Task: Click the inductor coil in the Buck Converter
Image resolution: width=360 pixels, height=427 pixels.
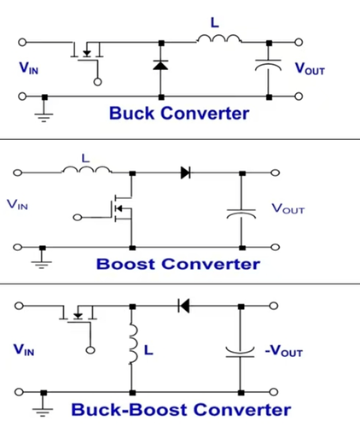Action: tap(218, 38)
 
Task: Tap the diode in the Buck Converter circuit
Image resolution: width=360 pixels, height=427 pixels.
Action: tap(160, 65)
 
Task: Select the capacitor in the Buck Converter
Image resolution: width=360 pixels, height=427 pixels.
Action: tap(268, 65)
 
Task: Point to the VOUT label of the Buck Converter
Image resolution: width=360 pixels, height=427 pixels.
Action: tap(310, 69)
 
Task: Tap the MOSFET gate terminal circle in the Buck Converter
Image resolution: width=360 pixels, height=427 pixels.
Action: tap(97, 82)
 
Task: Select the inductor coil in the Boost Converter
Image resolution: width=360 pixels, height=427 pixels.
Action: tap(86, 170)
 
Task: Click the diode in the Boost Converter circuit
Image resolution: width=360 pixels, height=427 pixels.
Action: tap(186, 173)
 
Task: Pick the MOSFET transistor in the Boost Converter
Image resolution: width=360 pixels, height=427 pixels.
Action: tap(122, 208)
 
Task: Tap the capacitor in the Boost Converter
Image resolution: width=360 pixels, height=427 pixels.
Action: tap(241, 213)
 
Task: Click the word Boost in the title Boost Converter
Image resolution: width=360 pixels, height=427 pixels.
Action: tap(125, 264)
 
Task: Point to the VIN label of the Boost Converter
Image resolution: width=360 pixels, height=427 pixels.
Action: tap(17, 204)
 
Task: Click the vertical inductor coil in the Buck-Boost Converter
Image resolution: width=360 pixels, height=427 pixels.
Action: tap(133, 344)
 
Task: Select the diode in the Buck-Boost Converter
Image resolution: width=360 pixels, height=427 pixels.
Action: tap(183, 306)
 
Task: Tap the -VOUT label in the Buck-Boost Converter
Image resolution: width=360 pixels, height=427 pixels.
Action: tap(283, 351)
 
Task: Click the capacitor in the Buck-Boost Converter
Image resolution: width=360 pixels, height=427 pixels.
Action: tap(240, 352)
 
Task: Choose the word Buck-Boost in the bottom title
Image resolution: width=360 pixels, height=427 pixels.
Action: tap(129, 410)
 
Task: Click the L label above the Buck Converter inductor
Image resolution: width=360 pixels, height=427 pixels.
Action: tap(215, 22)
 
